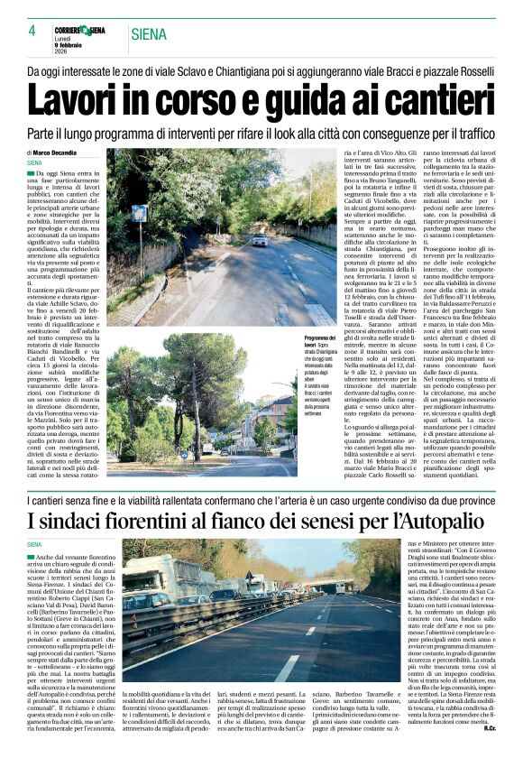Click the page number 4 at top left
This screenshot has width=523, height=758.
click(x=31, y=31)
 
